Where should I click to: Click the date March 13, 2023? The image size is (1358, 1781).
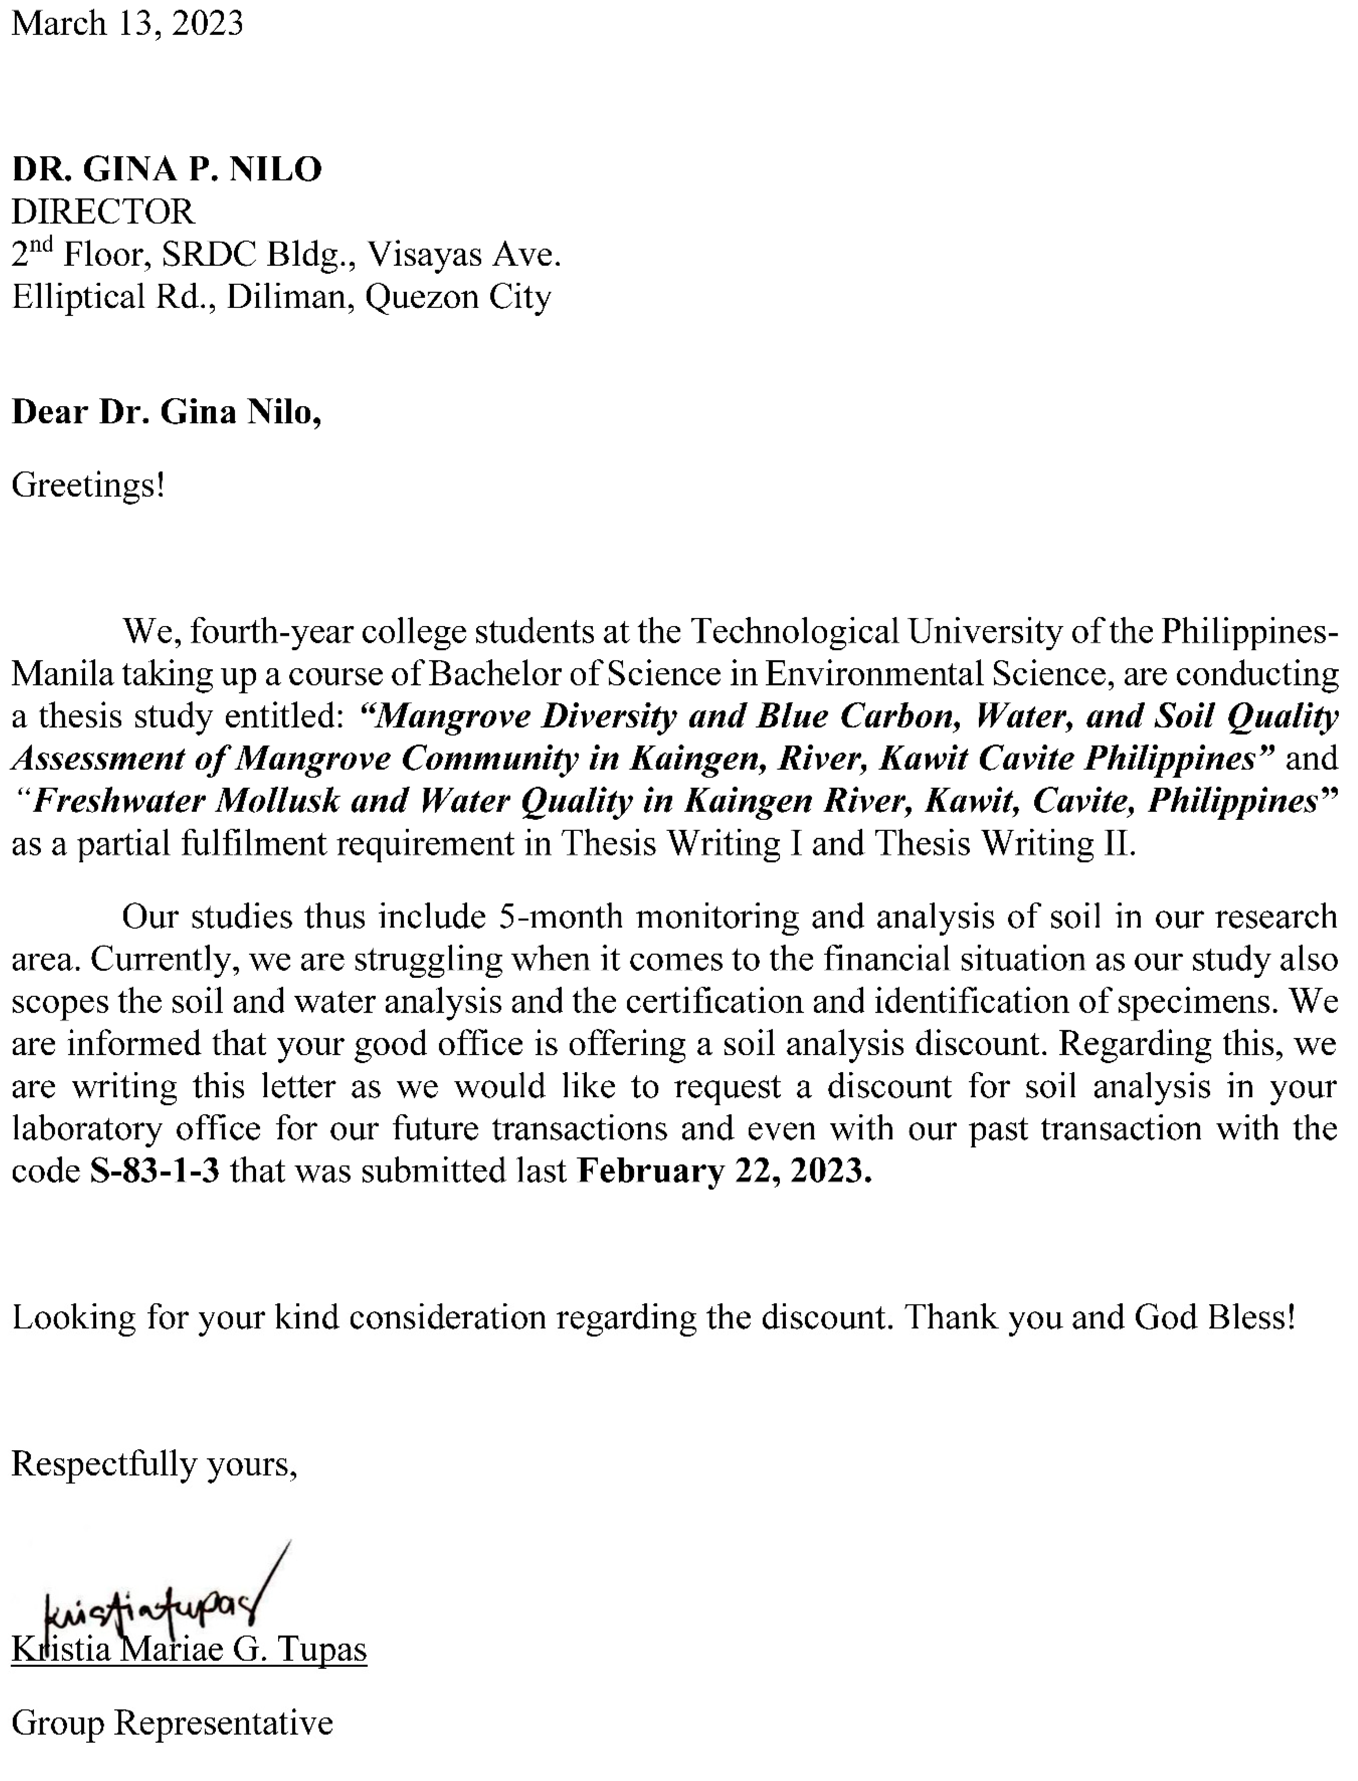click(x=127, y=24)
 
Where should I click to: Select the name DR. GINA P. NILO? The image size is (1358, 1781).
click(x=167, y=169)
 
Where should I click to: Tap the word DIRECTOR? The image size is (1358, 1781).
click(x=103, y=212)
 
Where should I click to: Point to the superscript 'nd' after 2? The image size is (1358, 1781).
click(x=41, y=244)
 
